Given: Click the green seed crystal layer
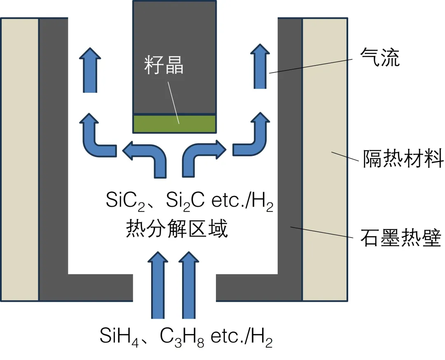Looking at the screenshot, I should pos(174,123).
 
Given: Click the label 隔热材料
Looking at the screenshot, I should pos(403,159).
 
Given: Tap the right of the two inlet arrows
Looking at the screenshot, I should pos(189,285).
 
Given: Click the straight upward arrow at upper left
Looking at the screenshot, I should pos(89,70).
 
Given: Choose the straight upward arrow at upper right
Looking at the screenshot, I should pos(260,66).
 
